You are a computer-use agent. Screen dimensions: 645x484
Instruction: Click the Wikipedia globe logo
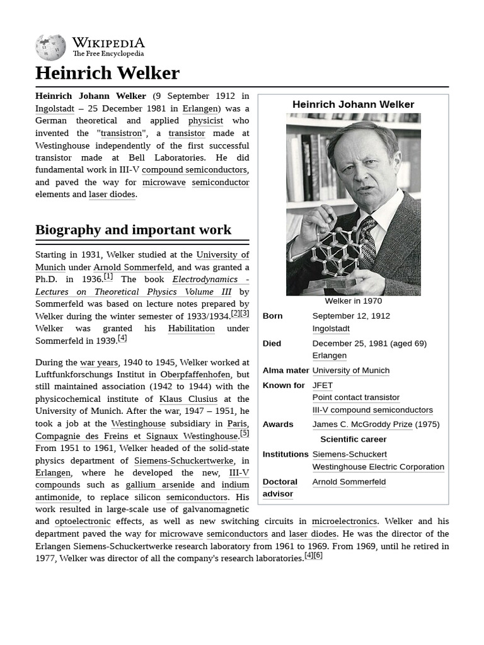coord(50,47)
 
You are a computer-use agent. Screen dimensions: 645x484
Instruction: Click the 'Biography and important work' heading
coord(133,230)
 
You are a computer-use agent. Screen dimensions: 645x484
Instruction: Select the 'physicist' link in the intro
coord(205,120)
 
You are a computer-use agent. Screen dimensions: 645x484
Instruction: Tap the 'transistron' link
coord(122,133)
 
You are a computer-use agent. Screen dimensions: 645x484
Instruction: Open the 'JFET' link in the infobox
coord(322,385)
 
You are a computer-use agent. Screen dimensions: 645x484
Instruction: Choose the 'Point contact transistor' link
coord(355,397)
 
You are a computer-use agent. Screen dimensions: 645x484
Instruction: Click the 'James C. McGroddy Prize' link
coord(362,425)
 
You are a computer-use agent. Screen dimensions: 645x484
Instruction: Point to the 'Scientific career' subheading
coord(353,440)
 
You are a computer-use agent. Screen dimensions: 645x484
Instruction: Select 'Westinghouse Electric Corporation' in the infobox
coord(378,467)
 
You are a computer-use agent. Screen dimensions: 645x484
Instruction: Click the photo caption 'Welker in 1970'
coord(353,301)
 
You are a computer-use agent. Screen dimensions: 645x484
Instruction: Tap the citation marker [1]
coord(108,277)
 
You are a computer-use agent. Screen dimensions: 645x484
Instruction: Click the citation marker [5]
coord(245,433)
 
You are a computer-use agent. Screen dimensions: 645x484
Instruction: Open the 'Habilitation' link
coord(191,328)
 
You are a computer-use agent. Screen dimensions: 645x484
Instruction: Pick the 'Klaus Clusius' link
coord(188,399)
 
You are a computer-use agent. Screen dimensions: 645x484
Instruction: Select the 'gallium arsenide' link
coord(159,485)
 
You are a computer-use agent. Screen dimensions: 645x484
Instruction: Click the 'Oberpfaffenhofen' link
coord(195,374)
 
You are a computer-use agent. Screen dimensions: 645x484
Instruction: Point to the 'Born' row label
coord(272,316)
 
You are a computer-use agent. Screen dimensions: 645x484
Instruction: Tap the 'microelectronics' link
coord(344,522)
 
